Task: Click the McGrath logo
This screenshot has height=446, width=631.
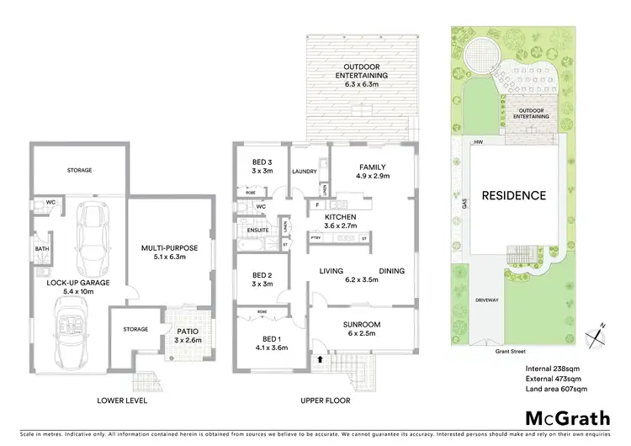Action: (x=563, y=417)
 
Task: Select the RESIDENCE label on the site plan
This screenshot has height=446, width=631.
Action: (x=513, y=195)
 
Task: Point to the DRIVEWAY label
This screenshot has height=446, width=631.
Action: (x=486, y=300)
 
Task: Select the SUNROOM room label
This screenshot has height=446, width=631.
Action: (x=362, y=325)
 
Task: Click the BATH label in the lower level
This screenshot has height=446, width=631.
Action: (x=41, y=249)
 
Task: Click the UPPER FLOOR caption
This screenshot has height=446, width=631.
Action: (x=326, y=401)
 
